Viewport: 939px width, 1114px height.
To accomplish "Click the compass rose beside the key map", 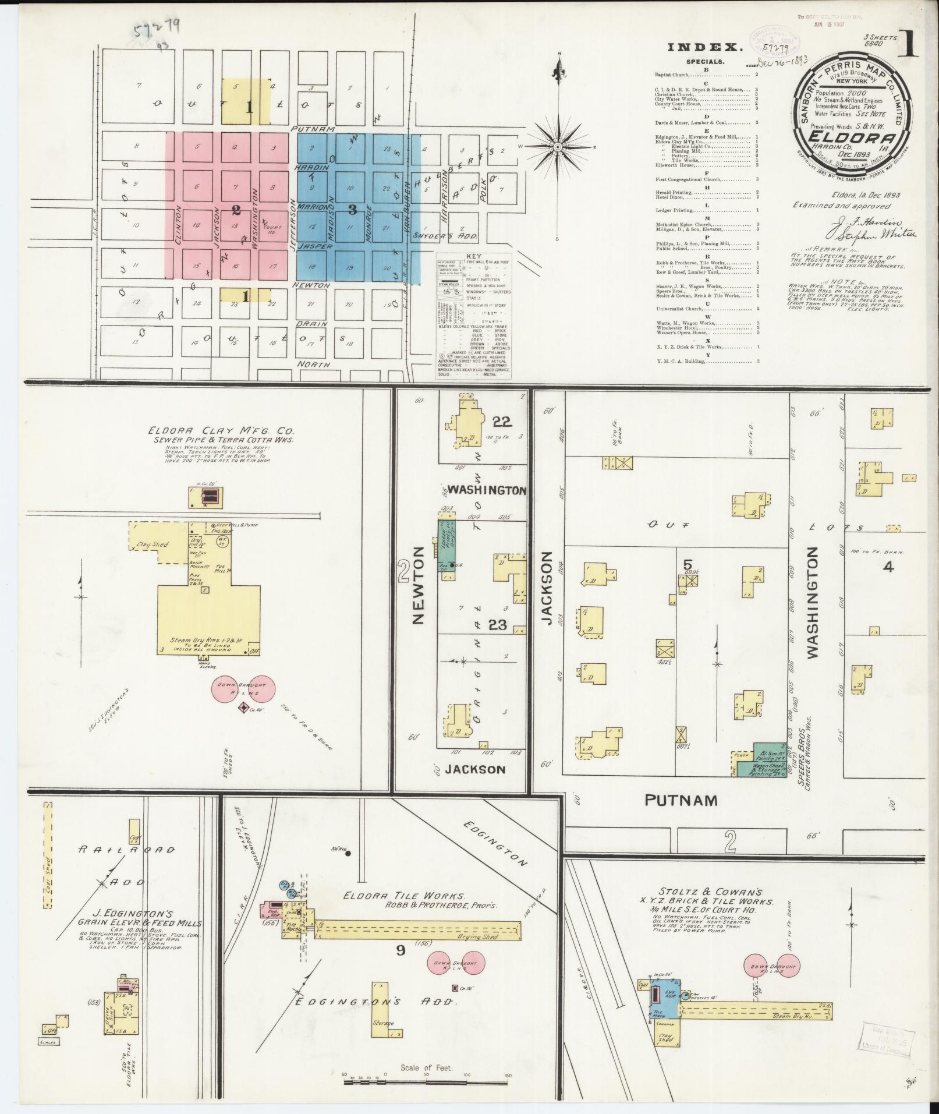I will pos(558,147).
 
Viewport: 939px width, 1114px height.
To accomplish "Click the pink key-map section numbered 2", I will pos(236,208).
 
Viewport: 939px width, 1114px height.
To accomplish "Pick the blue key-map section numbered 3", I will pos(352,208).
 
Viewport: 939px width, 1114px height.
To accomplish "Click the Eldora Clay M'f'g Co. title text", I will pos(221,432).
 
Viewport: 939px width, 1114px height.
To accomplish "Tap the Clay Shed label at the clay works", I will pos(153,544).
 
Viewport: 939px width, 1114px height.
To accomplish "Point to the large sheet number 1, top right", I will pos(908,43).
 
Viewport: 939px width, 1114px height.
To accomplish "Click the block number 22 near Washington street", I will pos(501,421).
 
